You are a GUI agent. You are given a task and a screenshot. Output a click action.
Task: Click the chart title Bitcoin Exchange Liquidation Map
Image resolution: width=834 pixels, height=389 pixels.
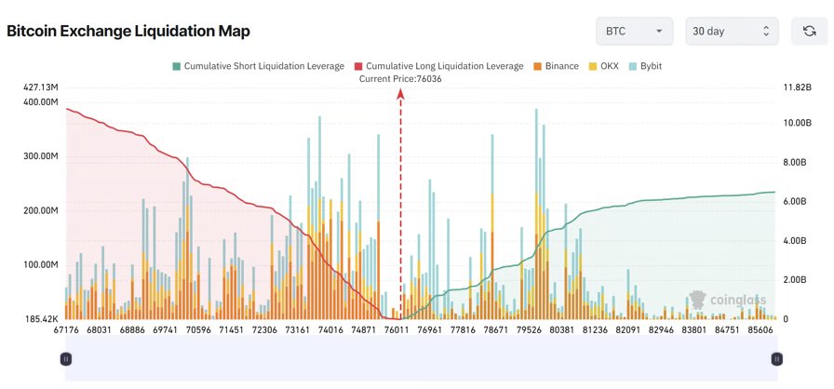tap(128, 32)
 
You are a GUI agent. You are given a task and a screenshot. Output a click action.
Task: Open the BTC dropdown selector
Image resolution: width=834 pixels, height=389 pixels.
tap(634, 31)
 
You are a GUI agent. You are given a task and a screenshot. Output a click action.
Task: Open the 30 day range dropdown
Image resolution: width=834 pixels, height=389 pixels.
tap(731, 31)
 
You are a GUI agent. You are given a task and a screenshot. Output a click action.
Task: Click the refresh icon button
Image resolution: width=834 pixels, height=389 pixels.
tap(809, 31)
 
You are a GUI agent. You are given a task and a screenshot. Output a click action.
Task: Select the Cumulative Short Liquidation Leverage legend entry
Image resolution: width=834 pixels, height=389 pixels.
tap(258, 66)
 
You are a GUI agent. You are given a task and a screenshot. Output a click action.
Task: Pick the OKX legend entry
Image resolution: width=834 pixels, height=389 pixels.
tap(602, 66)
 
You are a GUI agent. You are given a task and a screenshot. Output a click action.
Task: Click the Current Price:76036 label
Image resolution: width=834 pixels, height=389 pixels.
tap(400, 79)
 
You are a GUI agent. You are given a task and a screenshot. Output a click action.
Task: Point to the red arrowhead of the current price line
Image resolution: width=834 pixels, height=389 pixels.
tap(401, 93)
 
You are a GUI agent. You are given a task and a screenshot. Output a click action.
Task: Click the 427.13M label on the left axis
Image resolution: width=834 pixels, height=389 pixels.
tap(41, 87)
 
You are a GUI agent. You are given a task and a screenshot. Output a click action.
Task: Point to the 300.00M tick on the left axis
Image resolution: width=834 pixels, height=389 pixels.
tap(41, 156)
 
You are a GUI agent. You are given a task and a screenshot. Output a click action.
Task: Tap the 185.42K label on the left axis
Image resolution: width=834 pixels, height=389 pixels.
tap(41, 319)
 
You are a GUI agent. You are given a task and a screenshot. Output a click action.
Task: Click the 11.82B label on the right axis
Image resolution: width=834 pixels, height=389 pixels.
tap(798, 87)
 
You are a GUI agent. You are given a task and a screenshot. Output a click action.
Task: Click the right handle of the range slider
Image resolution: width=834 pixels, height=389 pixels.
tap(776, 358)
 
